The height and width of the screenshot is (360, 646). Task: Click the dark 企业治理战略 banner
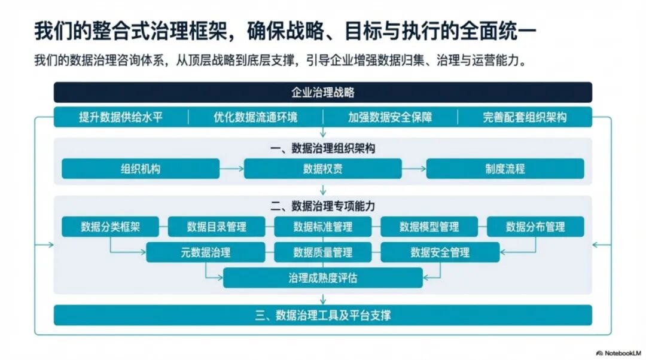[x=323, y=92]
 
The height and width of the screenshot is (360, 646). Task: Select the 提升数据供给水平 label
[x=121, y=117]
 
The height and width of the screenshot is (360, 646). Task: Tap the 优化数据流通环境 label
[x=255, y=117]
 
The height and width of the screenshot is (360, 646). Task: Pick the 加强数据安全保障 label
[x=390, y=117]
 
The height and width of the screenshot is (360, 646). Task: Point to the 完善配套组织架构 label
[x=525, y=117]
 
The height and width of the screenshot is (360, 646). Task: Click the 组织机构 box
[x=141, y=169]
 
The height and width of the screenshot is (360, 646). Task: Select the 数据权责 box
[x=323, y=169]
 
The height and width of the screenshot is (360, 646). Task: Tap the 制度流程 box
[x=505, y=169]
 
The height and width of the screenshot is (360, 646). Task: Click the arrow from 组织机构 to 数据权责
[x=231, y=169]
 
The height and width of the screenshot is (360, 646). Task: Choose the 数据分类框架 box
[x=110, y=227]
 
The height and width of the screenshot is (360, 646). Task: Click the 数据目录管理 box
[x=217, y=227]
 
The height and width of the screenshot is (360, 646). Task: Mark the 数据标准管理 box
[x=323, y=227]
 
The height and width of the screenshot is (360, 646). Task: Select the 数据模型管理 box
[x=429, y=227]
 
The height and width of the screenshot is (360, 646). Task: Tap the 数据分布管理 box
[x=535, y=227]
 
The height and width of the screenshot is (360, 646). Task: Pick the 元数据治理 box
[x=206, y=252]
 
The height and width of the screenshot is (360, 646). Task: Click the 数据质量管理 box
[x=323, y=252]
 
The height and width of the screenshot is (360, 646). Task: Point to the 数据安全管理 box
[x=440, y=252]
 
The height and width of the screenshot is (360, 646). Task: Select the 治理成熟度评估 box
[x=323, y=278]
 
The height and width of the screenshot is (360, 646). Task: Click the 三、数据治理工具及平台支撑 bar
[x=323, y=315]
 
